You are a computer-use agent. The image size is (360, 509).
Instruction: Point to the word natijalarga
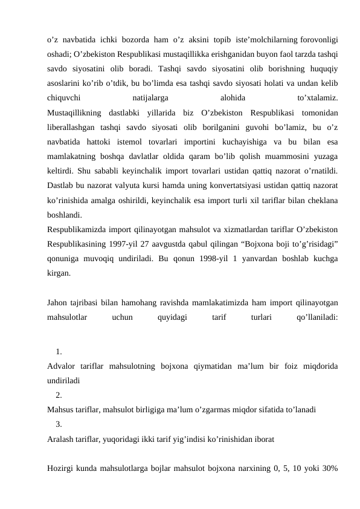click(150, 96)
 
